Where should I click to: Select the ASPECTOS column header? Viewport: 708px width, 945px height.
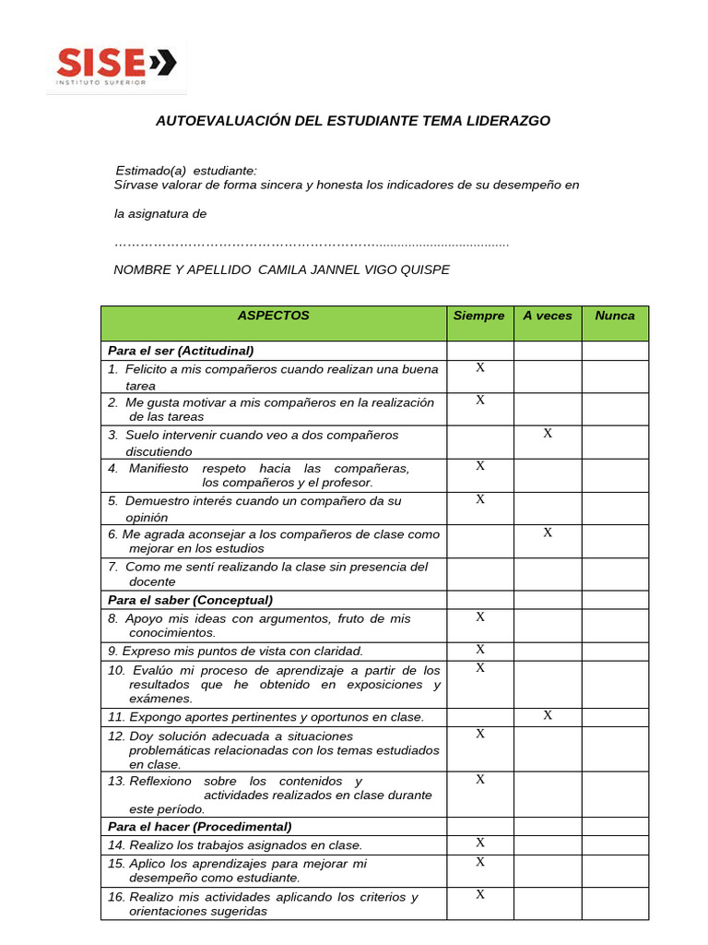tap(273, 316)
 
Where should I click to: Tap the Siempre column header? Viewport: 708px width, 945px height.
tap(479, 316)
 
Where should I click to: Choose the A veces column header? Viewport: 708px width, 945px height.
tap(548, 316)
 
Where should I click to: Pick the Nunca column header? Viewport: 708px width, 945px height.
tap(615, 316)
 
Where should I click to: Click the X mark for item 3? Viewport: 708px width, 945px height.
tap(548, 434)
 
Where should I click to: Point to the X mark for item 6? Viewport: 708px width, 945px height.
tap(548, 532)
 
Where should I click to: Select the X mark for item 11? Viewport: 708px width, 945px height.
tap(548, 715)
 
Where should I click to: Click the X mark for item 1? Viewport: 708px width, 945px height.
tap(480, 367)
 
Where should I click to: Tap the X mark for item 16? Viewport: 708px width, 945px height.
tap(480, 894)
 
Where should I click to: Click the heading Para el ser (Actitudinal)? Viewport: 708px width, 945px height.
tap(181, 351)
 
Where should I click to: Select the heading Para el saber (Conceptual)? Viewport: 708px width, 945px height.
tap(190, 600)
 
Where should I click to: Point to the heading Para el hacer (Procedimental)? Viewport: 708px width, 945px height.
tap(199, 827)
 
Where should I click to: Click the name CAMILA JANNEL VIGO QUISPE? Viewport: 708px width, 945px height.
tap(354, 269)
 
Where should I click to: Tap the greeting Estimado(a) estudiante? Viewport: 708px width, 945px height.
tap(186, 171)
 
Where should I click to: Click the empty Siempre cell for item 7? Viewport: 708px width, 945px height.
tap(480, 574)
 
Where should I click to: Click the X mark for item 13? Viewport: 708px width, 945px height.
tap(480, 780)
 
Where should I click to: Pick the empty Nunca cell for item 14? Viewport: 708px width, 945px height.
tap(615, 844)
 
